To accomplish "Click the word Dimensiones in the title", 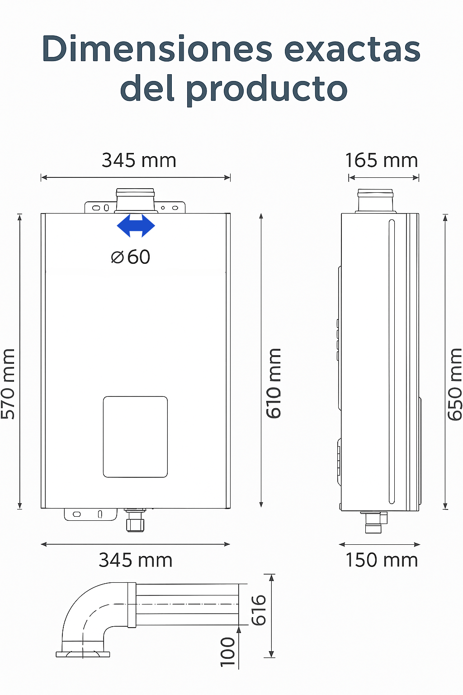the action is [157, 49].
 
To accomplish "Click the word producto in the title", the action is [267, 89].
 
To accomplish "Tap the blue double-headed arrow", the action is [136, 226].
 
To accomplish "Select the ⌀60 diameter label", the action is [131, 257].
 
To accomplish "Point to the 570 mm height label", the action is [8, 384].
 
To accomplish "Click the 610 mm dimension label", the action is [274, 383].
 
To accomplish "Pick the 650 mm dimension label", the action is [455, 384].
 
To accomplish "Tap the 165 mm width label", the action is [382, 161].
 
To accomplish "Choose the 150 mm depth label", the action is [382, 560].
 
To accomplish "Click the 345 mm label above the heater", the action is [139, 161].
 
